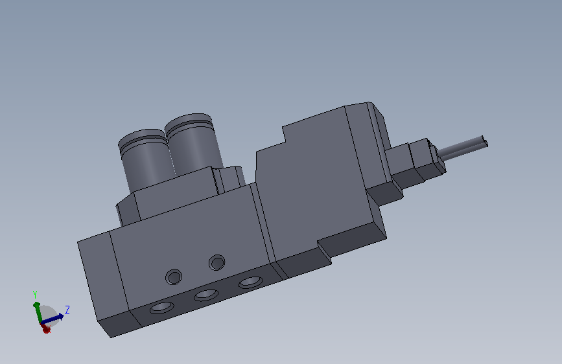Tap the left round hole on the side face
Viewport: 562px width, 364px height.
(174, 277)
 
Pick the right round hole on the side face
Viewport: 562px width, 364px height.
(217, 262)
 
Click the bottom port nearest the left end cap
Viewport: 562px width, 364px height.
(161, 308)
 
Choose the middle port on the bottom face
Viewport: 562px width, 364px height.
(206, 295)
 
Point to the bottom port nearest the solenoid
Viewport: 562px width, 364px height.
(251, 282)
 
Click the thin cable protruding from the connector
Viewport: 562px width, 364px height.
(462, 148)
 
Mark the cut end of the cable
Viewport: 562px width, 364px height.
(485, 141)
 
